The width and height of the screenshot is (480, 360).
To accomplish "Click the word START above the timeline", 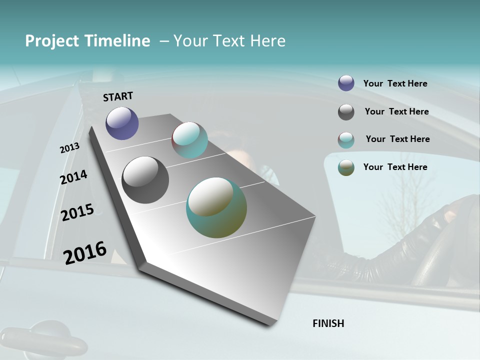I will pos(118,96).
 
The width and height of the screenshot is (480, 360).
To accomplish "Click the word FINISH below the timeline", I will pos(328,323).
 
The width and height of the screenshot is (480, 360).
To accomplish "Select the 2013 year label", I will pos(70,148).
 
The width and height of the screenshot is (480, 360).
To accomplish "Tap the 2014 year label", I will pos(73,177).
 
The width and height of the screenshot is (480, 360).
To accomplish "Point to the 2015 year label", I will pos(77,212).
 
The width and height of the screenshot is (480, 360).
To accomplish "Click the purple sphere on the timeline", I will pos(122,123).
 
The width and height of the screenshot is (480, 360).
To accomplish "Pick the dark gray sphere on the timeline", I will pos(145,180).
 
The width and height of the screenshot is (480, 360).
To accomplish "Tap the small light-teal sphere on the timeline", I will pos(189,140).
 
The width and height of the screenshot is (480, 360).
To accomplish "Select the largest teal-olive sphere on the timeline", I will pos(216,207).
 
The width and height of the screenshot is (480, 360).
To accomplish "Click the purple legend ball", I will pos(346,83).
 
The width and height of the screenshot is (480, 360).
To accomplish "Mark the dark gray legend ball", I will pos(346,112).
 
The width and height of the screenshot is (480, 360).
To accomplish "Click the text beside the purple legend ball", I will pos(395,83).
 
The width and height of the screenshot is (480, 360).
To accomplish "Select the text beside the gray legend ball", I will pos(396,111).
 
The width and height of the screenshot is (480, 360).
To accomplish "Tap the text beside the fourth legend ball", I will pos(395,167).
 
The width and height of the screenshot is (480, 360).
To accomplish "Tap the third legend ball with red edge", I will pos(346,140).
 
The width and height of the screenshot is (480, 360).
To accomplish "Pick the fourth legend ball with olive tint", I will pos(346,167).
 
